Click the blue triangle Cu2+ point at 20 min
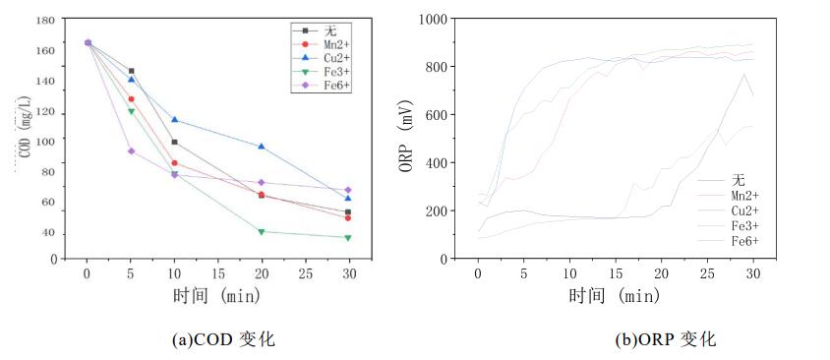point(262,147)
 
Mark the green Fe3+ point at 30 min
point(348,237)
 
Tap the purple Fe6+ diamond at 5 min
point(131,150)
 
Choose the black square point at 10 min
point(174,142)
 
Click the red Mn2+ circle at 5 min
point(131,98)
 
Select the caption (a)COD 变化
point(223,339)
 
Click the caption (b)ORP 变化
point(666,339)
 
